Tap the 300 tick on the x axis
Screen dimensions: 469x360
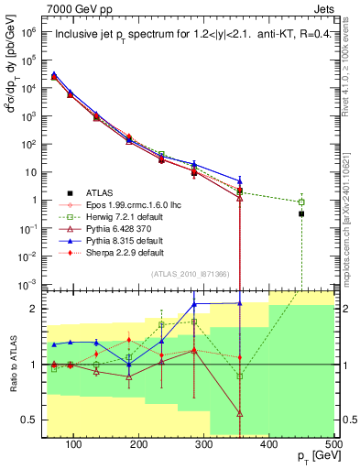coord(203,445)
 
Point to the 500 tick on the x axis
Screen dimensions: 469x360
coord(333,445)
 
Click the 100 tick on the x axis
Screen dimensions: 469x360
coord(73,445)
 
